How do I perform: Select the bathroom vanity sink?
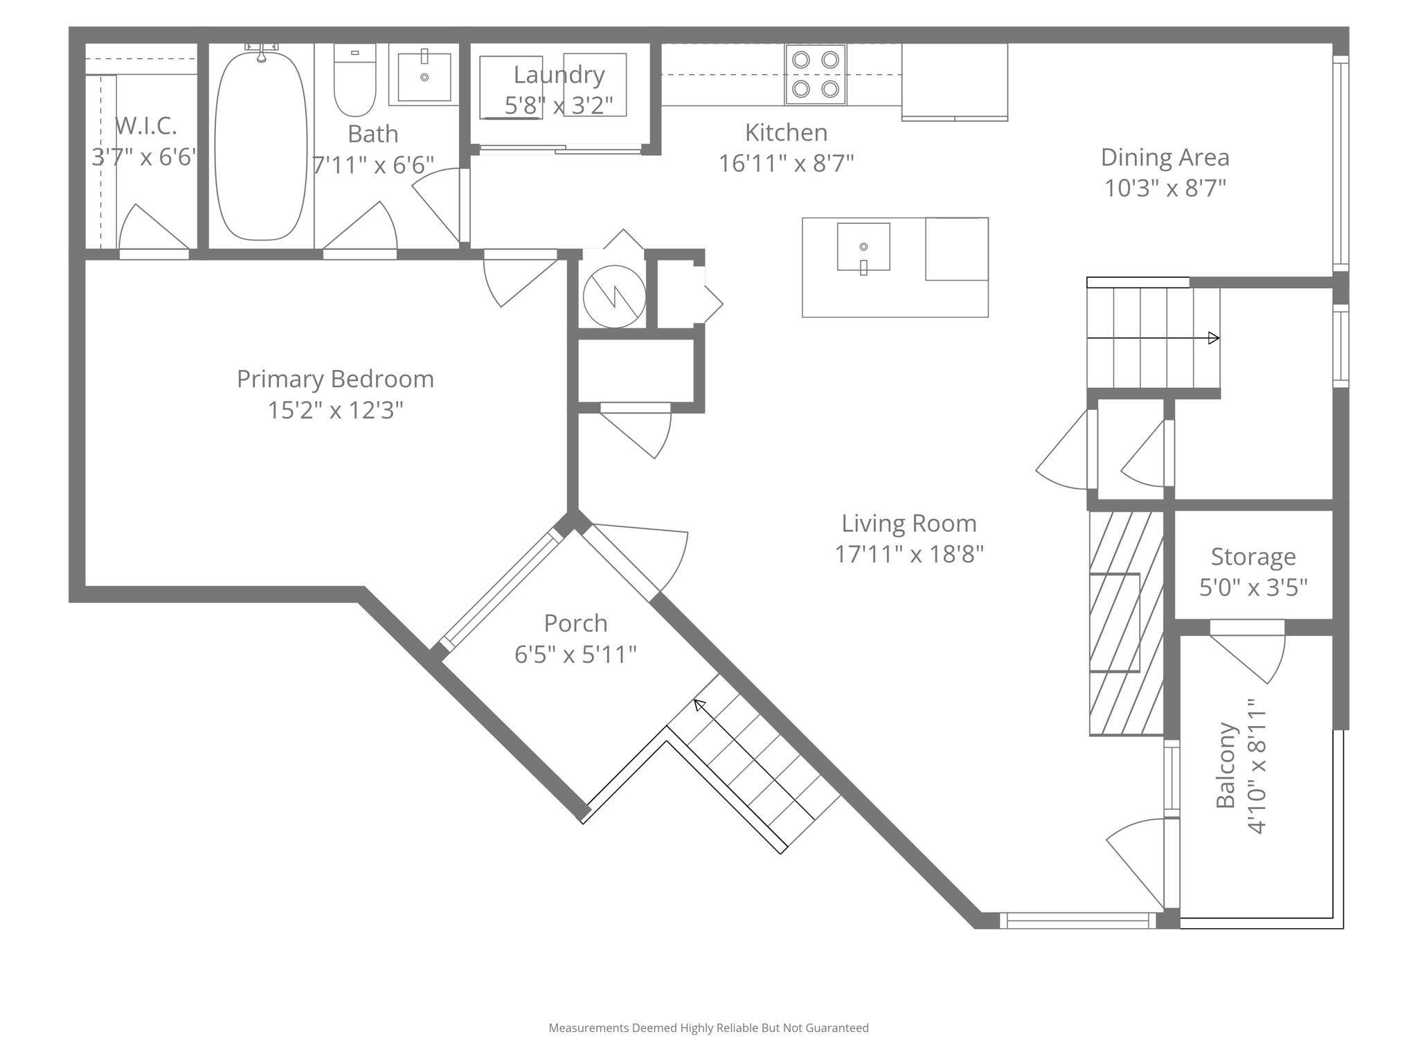click(x=424, y=77)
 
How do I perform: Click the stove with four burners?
click(x=815, y=74)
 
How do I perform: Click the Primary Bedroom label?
click(x=335, y=379)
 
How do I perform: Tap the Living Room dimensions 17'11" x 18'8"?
click(x=908, y=554)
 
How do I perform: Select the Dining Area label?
click(x=1165, y=157)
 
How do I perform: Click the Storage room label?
click(x=1253, y=556)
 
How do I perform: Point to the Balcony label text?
click(x=1226, y=765)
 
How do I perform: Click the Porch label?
click(x=575, y=623)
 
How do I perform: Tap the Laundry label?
click(x=559, y=74)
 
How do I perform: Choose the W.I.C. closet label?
click(x=145, y=125)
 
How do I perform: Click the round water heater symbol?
click(x=614, y=296)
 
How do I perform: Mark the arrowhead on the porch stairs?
click(x=700, y=705)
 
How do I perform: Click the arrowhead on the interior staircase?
click(x=1213, y=338)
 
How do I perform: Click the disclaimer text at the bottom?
click(x=708, y=1028)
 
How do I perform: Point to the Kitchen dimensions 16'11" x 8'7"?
click(x=786, y=163)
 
